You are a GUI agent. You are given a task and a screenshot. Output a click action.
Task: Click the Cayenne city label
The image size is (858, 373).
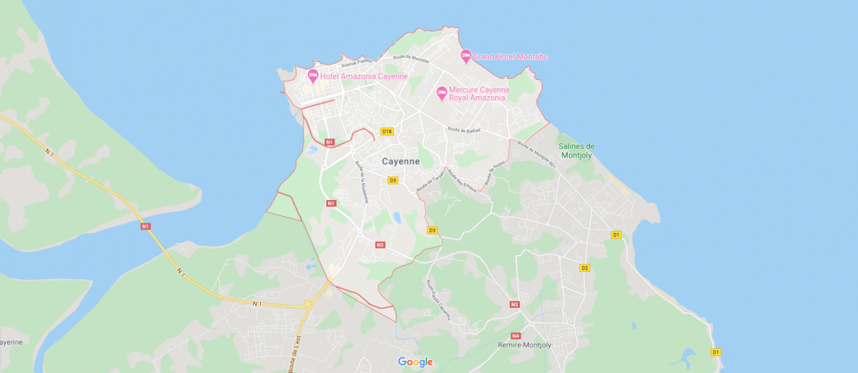click(x=400, y=161)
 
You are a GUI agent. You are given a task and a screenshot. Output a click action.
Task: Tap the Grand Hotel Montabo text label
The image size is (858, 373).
click(x=510, y=56)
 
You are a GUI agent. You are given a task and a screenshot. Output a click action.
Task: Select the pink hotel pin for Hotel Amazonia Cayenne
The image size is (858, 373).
click(x=312, y=75)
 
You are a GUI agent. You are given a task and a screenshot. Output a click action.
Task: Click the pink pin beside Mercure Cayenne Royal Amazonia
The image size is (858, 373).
click(x=441, y=92)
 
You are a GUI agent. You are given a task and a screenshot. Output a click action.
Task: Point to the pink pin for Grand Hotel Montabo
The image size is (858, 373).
click(x=466, y=56)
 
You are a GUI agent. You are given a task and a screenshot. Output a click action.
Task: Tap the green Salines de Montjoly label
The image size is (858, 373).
click(x=577, y=151)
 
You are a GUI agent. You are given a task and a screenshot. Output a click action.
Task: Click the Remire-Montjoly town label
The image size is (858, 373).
click(x=524, y=344)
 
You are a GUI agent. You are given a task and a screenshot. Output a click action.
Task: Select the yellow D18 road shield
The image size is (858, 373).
click(x=387, y=132)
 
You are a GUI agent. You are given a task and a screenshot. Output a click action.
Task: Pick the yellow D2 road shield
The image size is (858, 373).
click(x=584, y=267)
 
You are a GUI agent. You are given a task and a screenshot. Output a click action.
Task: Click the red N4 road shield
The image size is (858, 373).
click(x=516, y=336)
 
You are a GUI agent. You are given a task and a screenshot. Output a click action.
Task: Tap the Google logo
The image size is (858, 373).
click(x=415, y=362)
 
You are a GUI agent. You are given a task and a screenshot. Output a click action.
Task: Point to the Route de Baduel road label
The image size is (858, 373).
click(x=463, y=130)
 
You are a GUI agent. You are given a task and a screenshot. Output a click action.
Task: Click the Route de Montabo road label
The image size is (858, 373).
click(x=411, y=58)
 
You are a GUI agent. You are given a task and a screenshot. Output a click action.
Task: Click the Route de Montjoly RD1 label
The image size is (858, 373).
click(x=538, y=154)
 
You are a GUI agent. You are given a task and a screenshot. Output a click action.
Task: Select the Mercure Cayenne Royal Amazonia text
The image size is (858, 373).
click(x=479, y=94)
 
